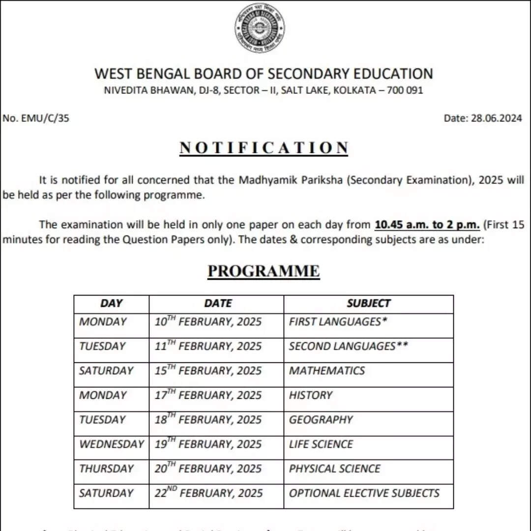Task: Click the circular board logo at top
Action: click(259, 28)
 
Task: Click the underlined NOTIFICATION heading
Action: click(264, 148)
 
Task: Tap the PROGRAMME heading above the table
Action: click(264, 271)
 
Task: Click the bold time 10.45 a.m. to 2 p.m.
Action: click(427, 225)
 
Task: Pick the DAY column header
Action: click(111, 303)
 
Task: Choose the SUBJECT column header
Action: click(368, 303)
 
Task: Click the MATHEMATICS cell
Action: click(327, 370)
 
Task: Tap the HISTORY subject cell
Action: click(311, 395)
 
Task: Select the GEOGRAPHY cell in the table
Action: click(321, 419)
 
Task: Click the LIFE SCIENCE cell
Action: click(321, 444)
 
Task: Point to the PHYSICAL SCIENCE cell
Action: click(335, 469)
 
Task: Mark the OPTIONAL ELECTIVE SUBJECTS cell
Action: click(364, 493)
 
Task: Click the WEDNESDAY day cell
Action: click(112, 444)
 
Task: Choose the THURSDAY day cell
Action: click(106, 469)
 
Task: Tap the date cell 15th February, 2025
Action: click(208, 370)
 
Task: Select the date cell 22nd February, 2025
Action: click(209, 493)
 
